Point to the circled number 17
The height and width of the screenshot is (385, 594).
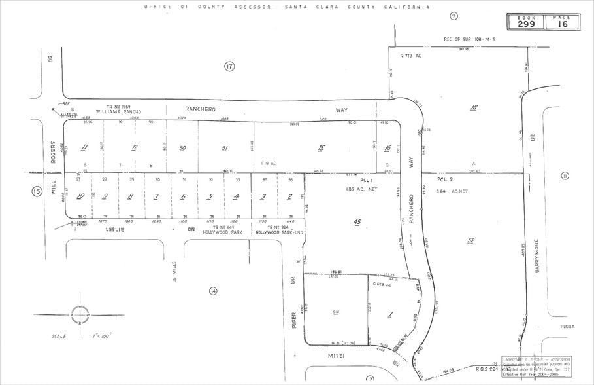point(229,66)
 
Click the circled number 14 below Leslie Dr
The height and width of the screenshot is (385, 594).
point(212,291)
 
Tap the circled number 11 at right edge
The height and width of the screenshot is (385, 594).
point(565,175)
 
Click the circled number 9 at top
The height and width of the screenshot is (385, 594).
point(454,16)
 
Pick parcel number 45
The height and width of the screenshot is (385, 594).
point(357,223)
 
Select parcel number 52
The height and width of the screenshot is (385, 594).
point(470,240)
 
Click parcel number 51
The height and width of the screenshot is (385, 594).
point(225,148)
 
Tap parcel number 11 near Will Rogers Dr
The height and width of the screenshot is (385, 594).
point(84,147)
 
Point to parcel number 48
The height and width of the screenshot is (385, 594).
point(336,312)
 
